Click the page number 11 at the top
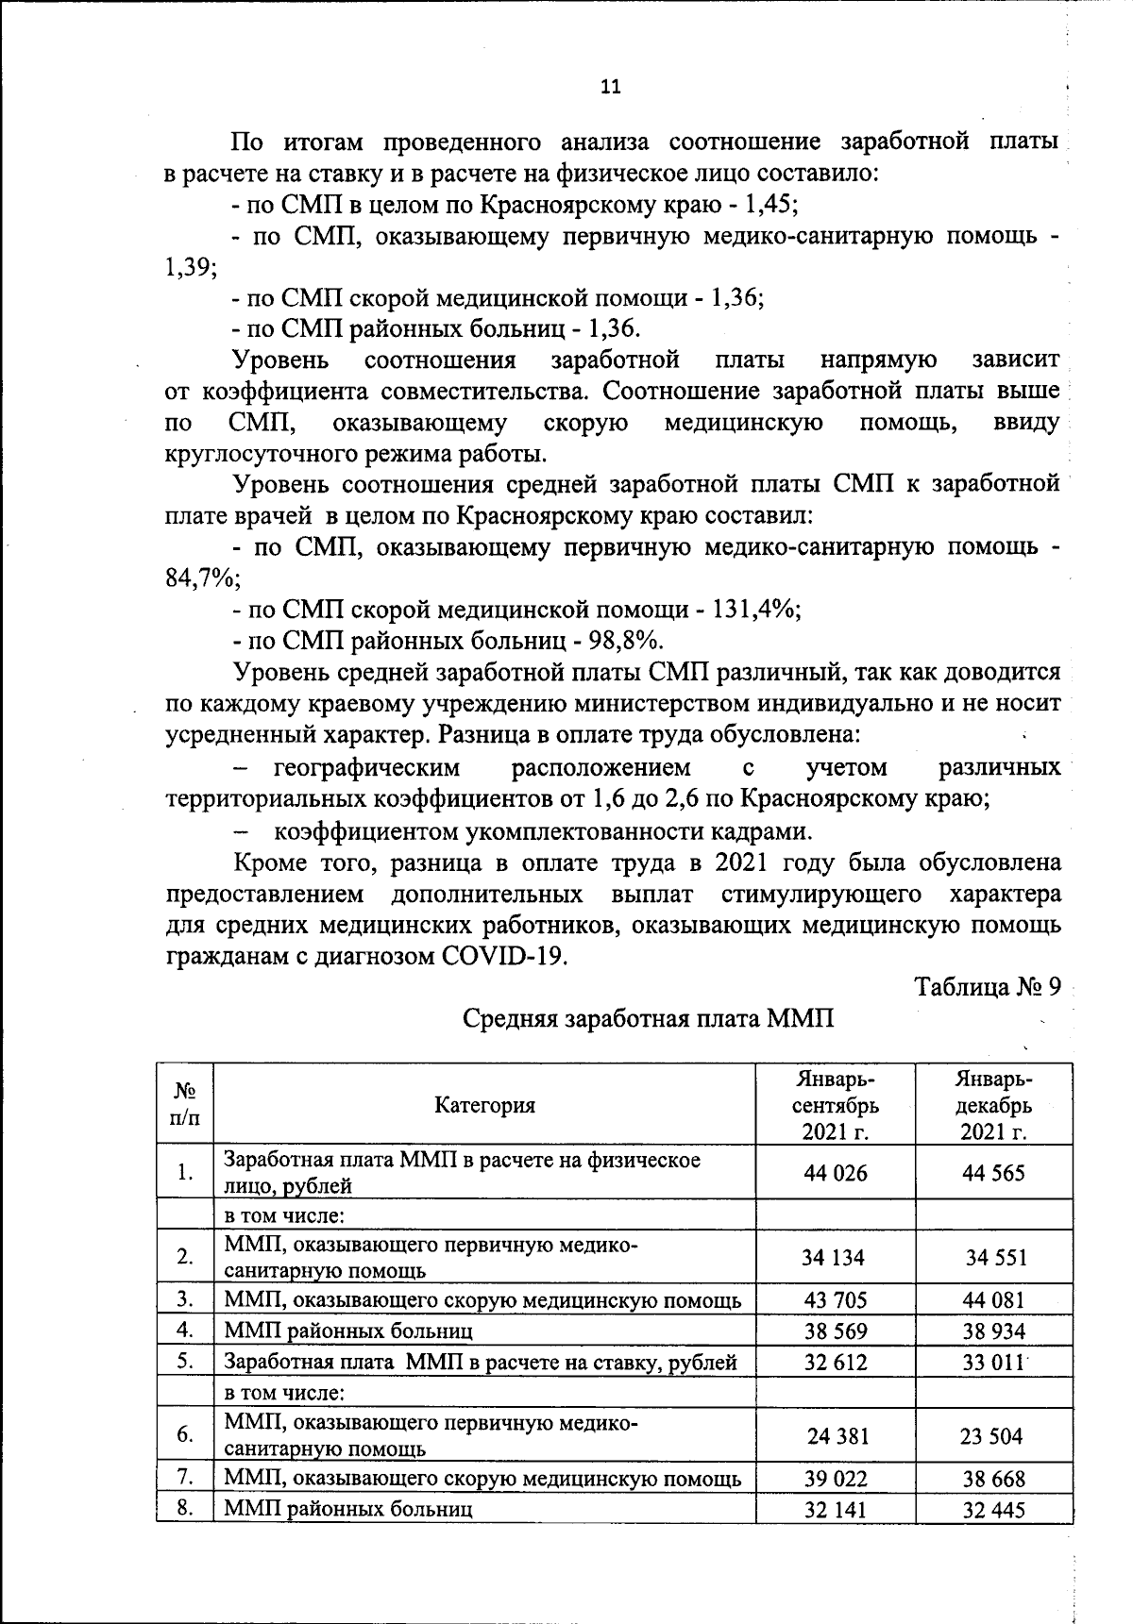click(611, 87)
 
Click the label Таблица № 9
click(988, 987)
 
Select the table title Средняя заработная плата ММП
click(649, 1019)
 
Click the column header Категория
click(484, 1105)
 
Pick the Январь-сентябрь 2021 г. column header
click(835, 1105)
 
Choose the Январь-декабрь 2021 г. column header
click(993, 1105)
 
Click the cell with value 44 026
click(835, 1173)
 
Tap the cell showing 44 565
click(993, 1173)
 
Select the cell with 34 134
click(833, 1258)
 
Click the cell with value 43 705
click(835, 1300)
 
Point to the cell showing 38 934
click(993, 1331)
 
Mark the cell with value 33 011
click(993, 1363)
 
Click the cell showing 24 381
click(837, 1436)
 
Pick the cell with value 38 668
click(993, 1479)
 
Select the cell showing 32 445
click(993, 1510)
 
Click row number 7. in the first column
click(185, 1477)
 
